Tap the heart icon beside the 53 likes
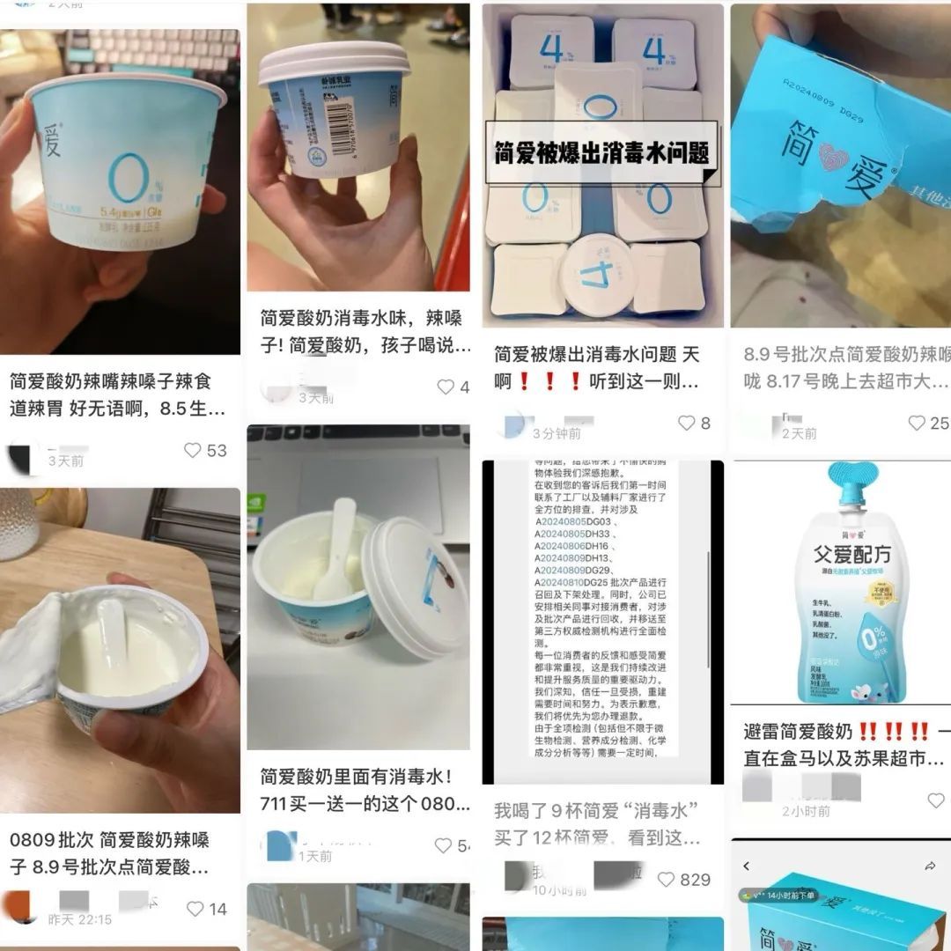[x=192, y=451]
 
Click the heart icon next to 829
[x=666, y=879]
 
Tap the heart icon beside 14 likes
[x=195, y=909]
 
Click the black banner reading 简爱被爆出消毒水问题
[x=602, y=153]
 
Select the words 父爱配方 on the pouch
[x=842, y=553]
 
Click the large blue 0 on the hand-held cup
[x=126, y=179]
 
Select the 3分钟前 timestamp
[x=556, y=433]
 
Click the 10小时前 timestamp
[x=559, y=889]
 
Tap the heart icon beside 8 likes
[x=687, y=424]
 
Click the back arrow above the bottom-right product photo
[x=748, y=866]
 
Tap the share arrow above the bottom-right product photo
[x=930, y=866]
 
